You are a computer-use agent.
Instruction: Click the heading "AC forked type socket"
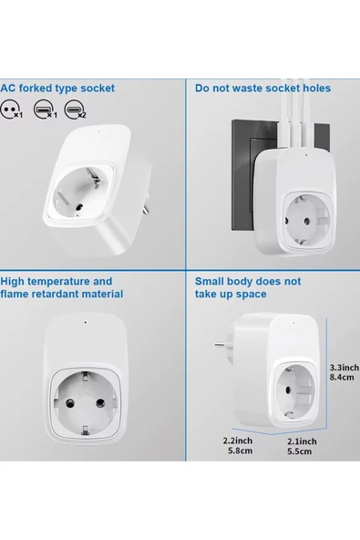click(57, 88)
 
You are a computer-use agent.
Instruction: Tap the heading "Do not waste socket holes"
click(262, 88)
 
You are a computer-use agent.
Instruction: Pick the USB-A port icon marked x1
click(44, 109)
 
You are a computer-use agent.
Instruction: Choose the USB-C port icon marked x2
click(74, 109)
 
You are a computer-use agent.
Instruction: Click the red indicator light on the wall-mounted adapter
click(306, 155)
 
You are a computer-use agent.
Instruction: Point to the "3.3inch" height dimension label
click(345, 368)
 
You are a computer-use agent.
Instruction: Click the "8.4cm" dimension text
click(342, 377)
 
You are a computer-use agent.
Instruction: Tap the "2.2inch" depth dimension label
click(238, 441)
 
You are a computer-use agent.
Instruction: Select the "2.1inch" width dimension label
click(302, 441)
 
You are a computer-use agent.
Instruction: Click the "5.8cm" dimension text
click(240, 451)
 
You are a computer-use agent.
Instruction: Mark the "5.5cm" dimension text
click(300, 452)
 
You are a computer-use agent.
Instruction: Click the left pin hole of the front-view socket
click(70, 402)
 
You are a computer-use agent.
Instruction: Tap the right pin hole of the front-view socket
click(100, 402)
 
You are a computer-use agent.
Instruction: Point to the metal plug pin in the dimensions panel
click(224, 344)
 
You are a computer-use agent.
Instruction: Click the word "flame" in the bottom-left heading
click(14, 294)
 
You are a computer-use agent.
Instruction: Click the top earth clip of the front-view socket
click(85, 376)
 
